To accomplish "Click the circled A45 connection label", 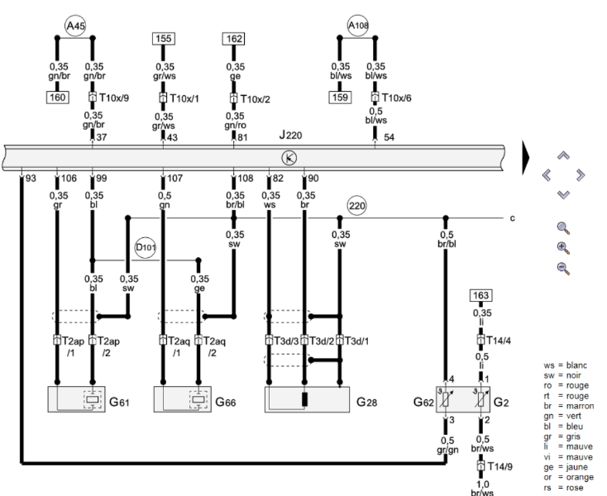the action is coord(75,26).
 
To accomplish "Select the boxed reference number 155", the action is coord(164,39).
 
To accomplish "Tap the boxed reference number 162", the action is coord(234,39).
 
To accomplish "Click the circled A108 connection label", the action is coord(358,26).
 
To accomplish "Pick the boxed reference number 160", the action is coord(58,97).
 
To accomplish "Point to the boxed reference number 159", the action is coord(340,97).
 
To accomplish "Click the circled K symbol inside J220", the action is coord(289,158).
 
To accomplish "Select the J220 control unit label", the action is coord(291,135).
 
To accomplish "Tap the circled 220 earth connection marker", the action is coord(357,206).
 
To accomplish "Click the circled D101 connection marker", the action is coord(146,247).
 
